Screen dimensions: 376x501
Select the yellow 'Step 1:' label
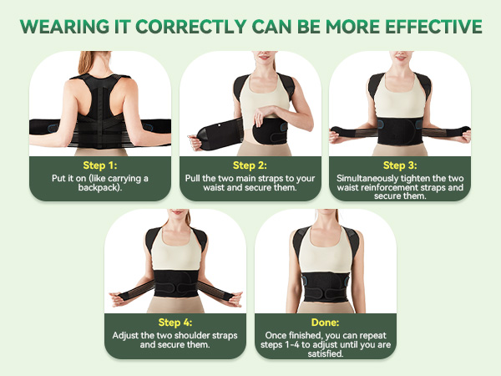click(99, 165)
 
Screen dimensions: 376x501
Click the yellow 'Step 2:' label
click(250, 165)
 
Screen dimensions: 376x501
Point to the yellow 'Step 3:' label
click(399, 165)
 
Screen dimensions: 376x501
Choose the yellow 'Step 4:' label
click(175, 323)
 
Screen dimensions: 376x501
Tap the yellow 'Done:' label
click(325, 323)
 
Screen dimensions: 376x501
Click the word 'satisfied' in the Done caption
click(325, 354)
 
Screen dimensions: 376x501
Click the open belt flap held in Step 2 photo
click(210, 133)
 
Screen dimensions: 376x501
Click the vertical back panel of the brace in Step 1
click(99, 104)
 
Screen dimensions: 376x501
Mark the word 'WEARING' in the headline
click(58, 26)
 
